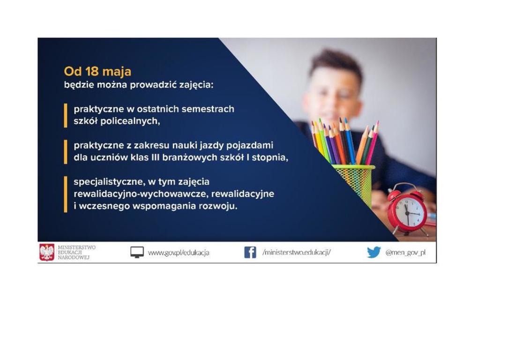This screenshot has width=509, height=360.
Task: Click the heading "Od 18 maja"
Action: [x=97, y=71]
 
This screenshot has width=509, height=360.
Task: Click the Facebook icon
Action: [x=250, y=252]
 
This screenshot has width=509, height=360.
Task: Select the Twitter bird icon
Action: [x=374, y=252]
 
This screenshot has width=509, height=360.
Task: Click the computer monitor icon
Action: [x=137, y=252]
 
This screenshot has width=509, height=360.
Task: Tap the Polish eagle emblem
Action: [x=47, y=252]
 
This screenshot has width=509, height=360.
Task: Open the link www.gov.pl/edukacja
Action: [x=179, y=253]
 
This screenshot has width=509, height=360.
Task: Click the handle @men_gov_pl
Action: [x=405, y=252]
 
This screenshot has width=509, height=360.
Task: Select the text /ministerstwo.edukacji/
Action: [x=296, y=252]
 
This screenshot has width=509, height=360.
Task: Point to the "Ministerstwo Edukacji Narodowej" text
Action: [x=76, y=252]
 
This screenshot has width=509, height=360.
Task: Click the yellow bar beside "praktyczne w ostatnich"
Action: [x=66, y=116]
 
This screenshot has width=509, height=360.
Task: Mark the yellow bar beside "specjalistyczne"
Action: [x=66, y=194]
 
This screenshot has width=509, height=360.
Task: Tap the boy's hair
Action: [x=336, y=63]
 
